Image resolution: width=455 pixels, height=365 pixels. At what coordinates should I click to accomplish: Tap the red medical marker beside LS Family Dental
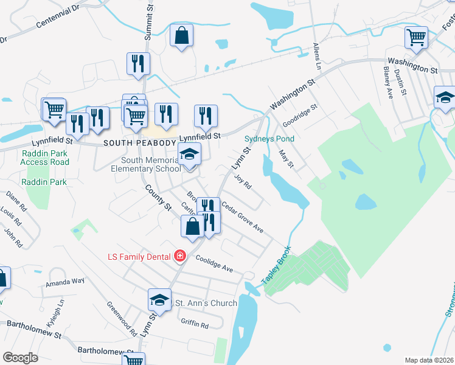pos(179,257)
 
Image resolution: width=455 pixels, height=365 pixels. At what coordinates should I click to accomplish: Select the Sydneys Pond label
pos(269,139)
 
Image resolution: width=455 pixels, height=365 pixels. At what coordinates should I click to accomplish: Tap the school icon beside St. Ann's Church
pos(159,299)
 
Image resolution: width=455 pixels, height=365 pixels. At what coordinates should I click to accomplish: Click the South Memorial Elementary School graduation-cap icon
pos(189,153)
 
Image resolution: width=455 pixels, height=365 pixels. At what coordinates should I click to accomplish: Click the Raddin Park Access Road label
pos(44,158)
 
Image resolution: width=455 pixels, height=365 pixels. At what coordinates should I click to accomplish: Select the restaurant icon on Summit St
pos(138,63)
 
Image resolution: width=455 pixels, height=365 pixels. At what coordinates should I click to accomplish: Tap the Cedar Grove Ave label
pos(243,218)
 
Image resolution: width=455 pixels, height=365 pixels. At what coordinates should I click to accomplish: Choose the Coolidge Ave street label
pos(215,263)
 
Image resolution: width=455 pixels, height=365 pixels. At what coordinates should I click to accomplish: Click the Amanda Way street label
pos(64,282)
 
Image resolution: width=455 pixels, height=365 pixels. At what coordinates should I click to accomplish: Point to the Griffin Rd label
pos(195,324)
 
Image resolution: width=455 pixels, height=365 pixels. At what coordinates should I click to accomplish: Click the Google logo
pos(21,357)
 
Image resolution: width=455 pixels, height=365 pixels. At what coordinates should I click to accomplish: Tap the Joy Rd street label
pos(243,181)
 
